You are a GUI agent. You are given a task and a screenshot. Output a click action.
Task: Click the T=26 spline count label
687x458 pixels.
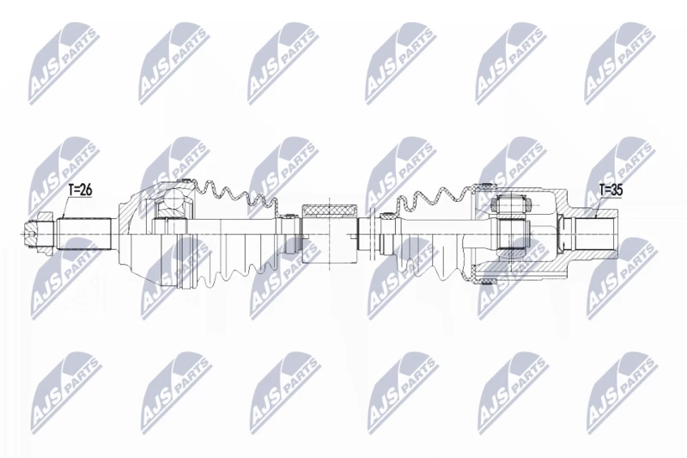80,190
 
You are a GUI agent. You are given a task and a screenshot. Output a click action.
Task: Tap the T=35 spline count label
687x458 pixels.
611,190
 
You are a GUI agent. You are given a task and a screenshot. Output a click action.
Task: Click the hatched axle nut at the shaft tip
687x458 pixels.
39,234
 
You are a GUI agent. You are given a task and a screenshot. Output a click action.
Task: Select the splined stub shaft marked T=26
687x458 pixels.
83,234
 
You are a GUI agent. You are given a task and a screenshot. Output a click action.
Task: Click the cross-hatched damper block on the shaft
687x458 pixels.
330,211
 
